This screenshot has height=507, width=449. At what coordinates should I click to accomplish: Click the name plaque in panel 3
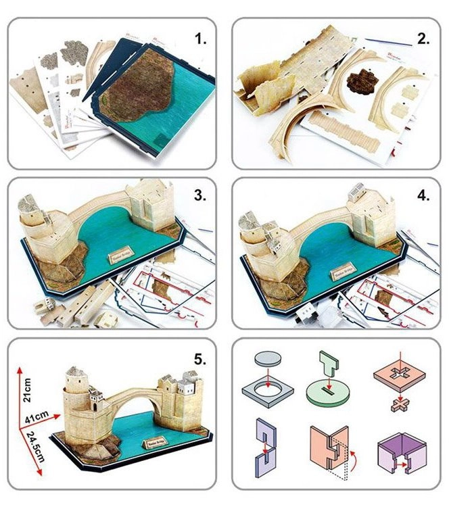pos(121,259)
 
